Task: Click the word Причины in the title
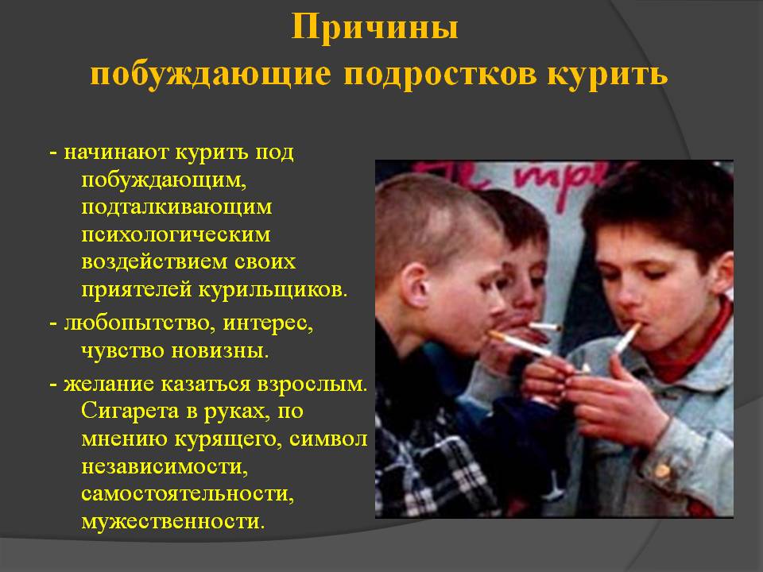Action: [374, 28]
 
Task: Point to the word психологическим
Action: [176, 234]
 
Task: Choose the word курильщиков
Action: [273, 291]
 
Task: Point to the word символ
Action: [328, 439]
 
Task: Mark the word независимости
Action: [165, 466]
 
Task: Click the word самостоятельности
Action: [188, 494]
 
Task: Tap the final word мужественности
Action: [173, 522]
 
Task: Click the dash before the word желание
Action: [53, 385]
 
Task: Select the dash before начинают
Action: [53, 153]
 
